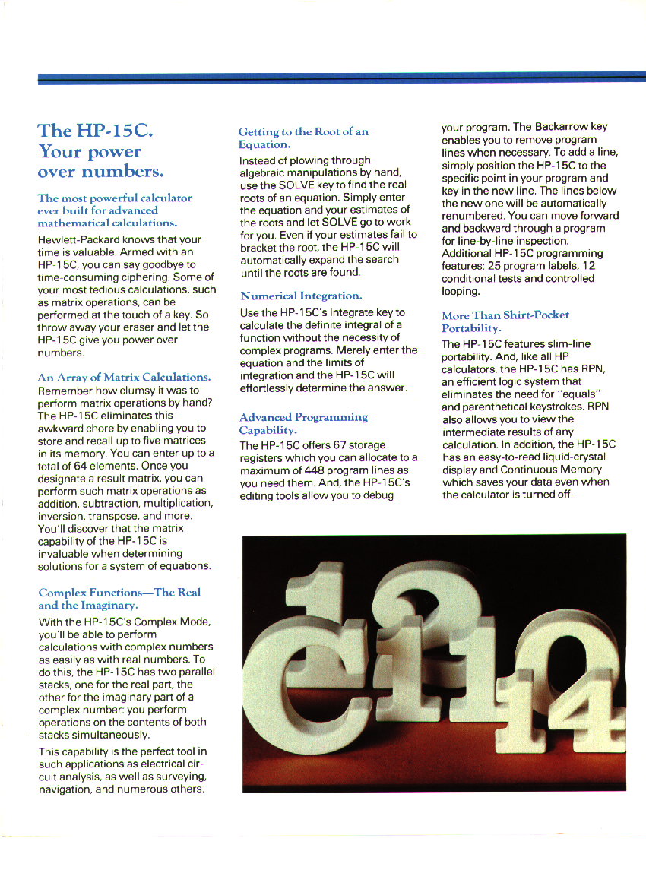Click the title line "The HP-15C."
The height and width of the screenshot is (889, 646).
(97, 130)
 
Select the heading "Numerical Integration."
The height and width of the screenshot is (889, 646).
(301, 296)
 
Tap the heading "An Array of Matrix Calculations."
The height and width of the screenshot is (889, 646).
(124, 378)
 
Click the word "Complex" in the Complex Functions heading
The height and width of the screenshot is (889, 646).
(63, 593)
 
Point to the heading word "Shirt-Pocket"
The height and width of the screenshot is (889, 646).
(536, 315)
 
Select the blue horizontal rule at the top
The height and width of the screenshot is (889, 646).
(342, 78)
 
